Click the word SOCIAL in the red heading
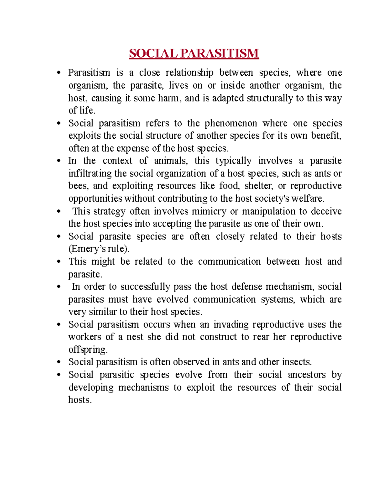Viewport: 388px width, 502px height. (x=153, y=54)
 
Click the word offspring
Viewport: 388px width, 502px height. (x=88, y=350)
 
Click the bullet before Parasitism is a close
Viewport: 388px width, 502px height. (x=59, y=73)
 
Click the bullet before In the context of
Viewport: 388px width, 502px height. (x=59, y=161)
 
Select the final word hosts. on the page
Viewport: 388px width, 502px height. (x=80, y=400)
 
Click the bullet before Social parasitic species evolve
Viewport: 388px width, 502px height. (x=59, y=375)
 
